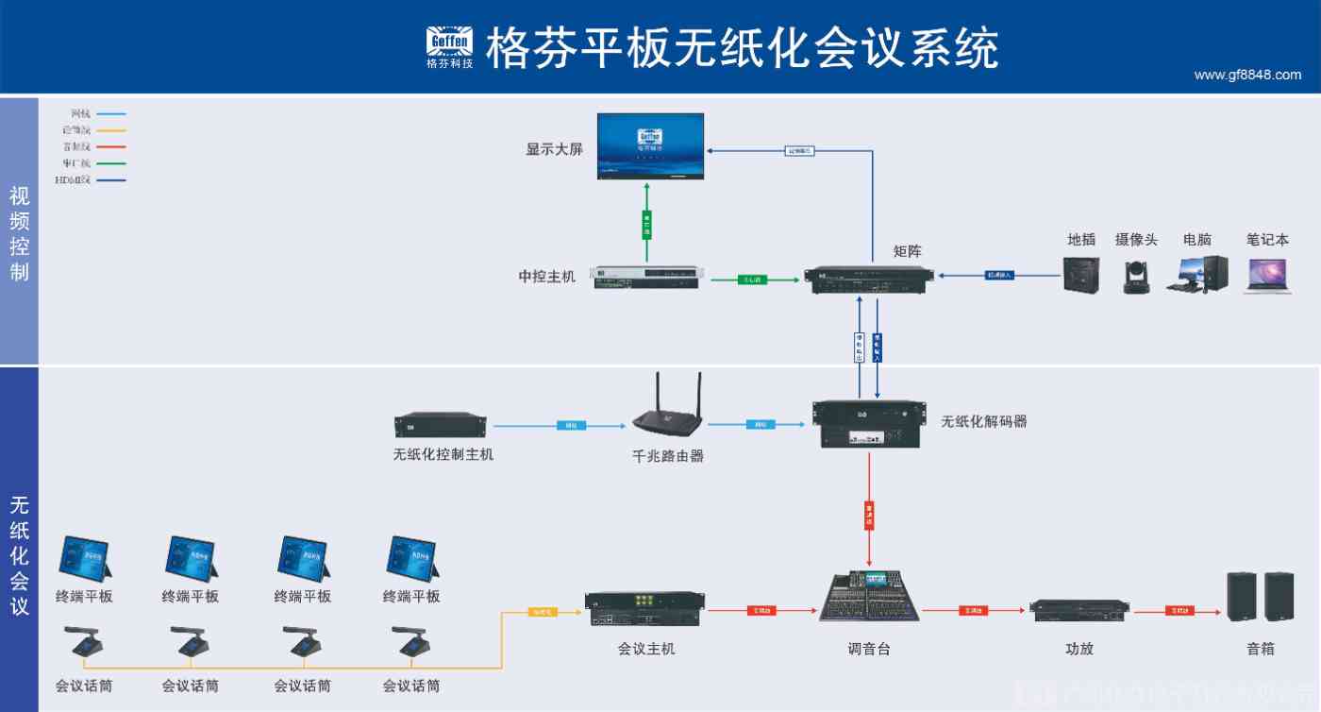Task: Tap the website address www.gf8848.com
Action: [1246, 76]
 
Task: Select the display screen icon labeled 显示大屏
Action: [651, 145]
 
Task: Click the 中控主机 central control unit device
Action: [646, 278]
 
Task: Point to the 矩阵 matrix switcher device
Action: [868, 277]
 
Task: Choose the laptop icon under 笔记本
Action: [1267, 276]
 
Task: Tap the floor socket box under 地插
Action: [1080, 275]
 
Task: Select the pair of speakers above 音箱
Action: [1260, 596]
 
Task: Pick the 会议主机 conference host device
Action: [645, 609]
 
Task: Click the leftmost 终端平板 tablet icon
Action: [85, 558]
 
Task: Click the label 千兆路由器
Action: [668, 456]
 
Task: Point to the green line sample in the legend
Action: [111, 163]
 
